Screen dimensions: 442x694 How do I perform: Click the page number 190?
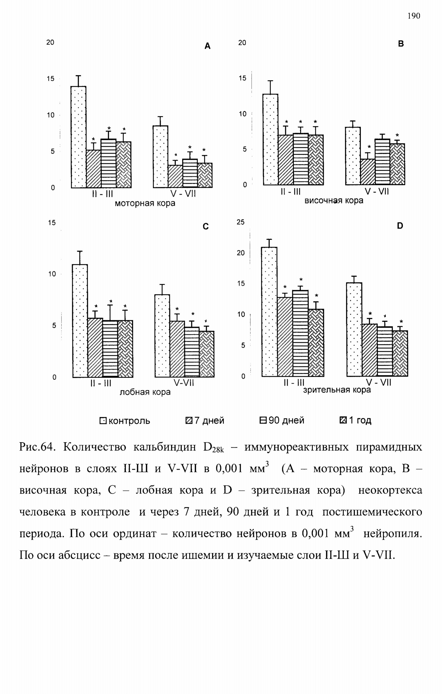(414, 16)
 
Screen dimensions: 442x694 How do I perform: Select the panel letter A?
(207, 46)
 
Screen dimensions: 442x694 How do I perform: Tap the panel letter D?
(400, 226)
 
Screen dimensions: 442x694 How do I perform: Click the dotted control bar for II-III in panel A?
(79, 137)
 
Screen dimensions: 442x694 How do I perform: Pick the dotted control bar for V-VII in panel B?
(353, 156)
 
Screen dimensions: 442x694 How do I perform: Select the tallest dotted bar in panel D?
(269, 312)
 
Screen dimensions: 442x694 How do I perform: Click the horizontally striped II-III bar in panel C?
(110, 349)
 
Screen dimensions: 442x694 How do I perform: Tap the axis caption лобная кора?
(145, 392)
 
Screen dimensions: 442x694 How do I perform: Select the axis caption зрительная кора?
(337, 390)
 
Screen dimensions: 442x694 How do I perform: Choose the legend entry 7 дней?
(205, 421)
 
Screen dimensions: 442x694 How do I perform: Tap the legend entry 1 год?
(356, 420)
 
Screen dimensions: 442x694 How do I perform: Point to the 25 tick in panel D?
(241, 222)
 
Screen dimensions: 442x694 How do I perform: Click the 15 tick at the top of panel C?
(52, 223)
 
